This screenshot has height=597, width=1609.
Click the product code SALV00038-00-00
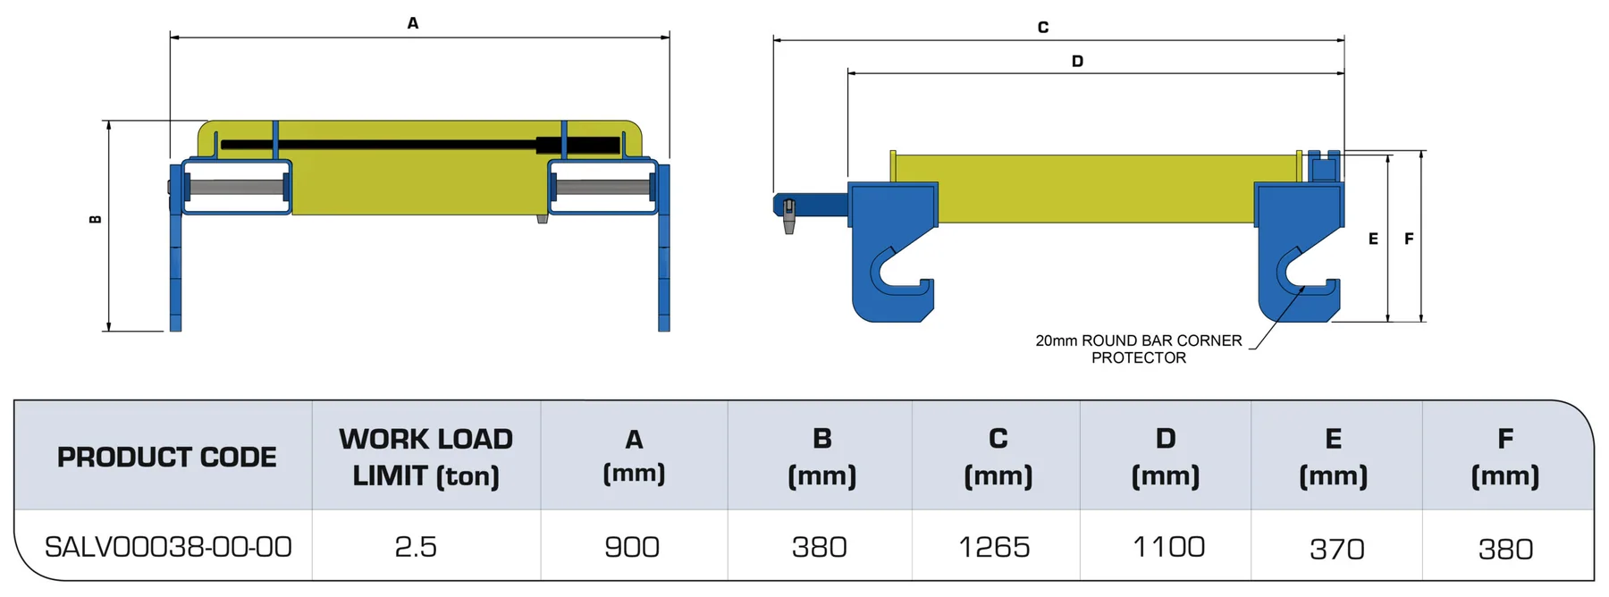(168, 547)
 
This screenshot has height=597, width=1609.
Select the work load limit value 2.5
(416, 547)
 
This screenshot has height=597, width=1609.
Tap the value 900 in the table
(632, 547)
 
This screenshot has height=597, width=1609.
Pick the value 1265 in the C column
(994, 547)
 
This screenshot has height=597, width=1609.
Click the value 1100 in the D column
(1168, 546)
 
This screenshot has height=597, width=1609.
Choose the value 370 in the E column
(1337, 549)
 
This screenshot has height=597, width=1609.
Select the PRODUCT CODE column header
(167, 457)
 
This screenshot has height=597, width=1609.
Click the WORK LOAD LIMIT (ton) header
(425, 457)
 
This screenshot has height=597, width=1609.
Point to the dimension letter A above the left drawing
(413, 23)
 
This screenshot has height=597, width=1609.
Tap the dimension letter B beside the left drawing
(96, 220)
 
